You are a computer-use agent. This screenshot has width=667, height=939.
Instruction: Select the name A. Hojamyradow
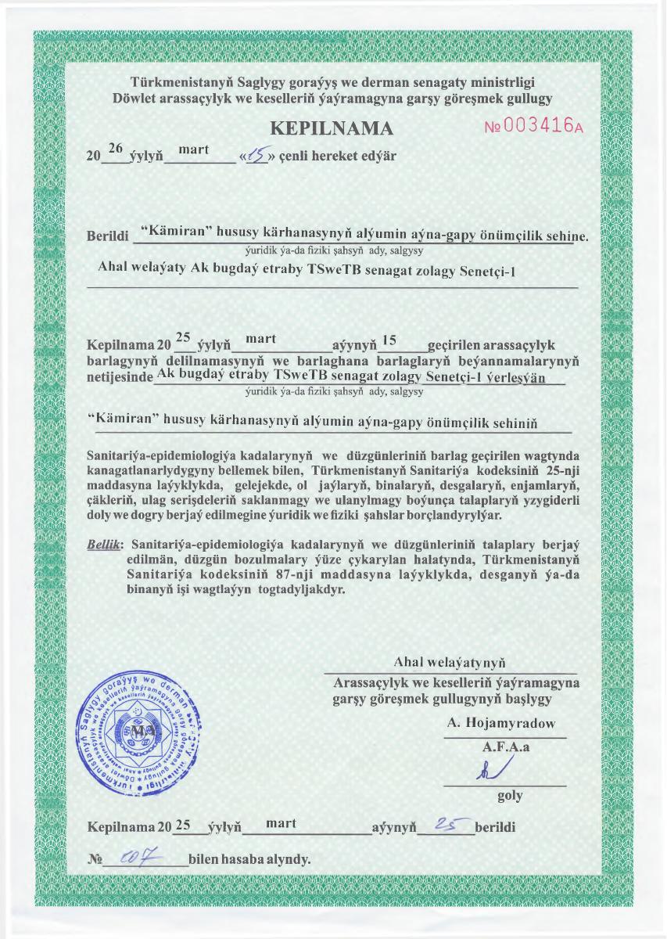[x=501, y=724]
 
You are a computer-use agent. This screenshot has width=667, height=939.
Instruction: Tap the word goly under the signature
[x=510, y=796]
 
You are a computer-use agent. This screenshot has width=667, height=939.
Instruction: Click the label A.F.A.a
[x=507, y=747]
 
